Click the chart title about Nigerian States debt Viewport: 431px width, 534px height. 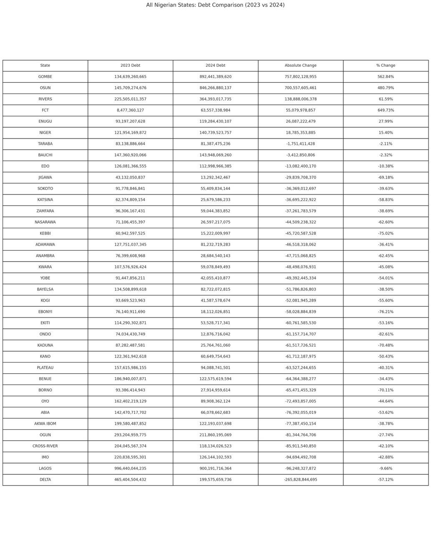(x=215, y=5)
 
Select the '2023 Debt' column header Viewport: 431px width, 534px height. (x=130, y=65)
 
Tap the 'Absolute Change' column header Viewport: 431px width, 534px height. (x=300, y=65)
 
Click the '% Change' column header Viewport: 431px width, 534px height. (x=386, y=65)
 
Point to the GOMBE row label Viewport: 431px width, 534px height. (x=45, y=77)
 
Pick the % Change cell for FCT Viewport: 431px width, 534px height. (x=386, y=110)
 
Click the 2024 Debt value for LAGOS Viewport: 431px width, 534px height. (x=215, y=469)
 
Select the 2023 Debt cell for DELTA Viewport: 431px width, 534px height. (x=130, y=480)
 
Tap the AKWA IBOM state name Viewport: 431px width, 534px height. (x=45, y=424)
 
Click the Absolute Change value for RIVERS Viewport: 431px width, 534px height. (x=300, y=99)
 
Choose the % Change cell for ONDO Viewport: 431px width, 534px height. (x=386, y=334)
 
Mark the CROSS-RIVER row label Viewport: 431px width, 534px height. (x=45, y=446)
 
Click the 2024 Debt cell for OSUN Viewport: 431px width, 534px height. (x=215, y=88)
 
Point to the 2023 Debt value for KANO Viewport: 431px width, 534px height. (x=130, y=357)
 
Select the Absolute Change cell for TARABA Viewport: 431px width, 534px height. (x=300, y=144)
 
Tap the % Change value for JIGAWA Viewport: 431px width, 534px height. (x=386, y=177)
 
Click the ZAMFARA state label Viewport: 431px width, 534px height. (x=45, y=211)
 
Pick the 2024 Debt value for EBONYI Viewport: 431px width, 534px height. (x=215, y=312)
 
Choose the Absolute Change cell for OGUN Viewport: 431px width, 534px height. (x=300, y=435)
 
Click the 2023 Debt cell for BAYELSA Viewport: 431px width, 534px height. (x=130, y=290)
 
